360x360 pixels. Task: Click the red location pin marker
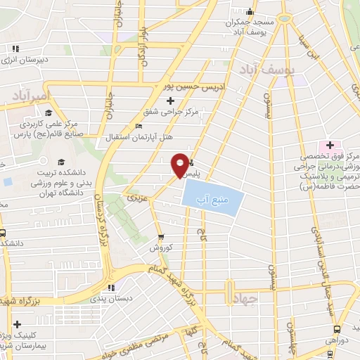point(181,165)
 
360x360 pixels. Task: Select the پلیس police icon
point(193,164)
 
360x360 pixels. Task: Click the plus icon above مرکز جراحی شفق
point(170,101)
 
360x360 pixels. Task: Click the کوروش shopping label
point(160,247)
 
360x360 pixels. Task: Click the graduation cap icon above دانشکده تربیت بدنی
point(60,163)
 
